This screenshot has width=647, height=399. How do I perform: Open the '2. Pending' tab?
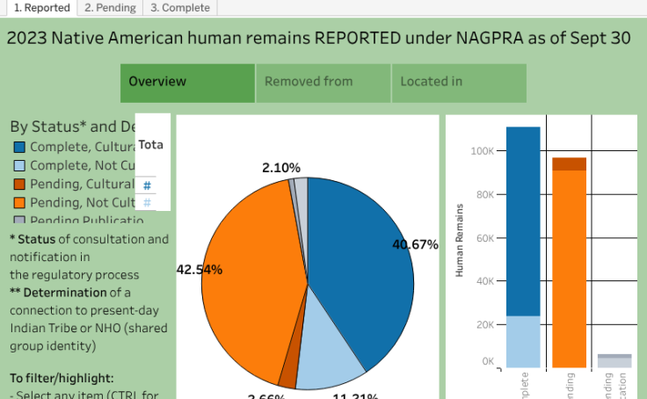pyautogui.click(x=110, y=8)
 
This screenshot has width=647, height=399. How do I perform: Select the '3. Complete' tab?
pyautogui.click(x=179, y=8)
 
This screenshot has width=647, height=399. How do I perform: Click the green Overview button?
pyautogui.click(x=187, y=83)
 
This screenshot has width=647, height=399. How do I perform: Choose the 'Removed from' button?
pyautogui.click(x=323, y=83)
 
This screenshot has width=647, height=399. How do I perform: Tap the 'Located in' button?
pyautogui.click(x=458, y=83)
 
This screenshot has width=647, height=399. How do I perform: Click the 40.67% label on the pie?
pyautogui.click(x=415, y=245)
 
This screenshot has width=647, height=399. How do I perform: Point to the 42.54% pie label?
pyautogui.click(x=200, y=270)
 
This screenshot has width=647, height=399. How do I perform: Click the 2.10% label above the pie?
pyautogui.click(x=281, y=168)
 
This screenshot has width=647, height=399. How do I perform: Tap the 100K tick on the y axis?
pyautogui.click(x=481, y=151)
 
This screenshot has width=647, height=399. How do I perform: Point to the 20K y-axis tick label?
pyautogui.click(x=483, y=324)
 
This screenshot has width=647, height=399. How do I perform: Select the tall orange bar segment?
pyautogui.click(x=569, y=264)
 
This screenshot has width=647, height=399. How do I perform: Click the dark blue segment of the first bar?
pyautogui.click(x=523, y=220)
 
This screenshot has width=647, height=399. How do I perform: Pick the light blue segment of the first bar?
pyautogui.click(x=523, y=341)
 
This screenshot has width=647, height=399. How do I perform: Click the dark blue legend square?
pyautogui.click(x=18, y=148)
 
